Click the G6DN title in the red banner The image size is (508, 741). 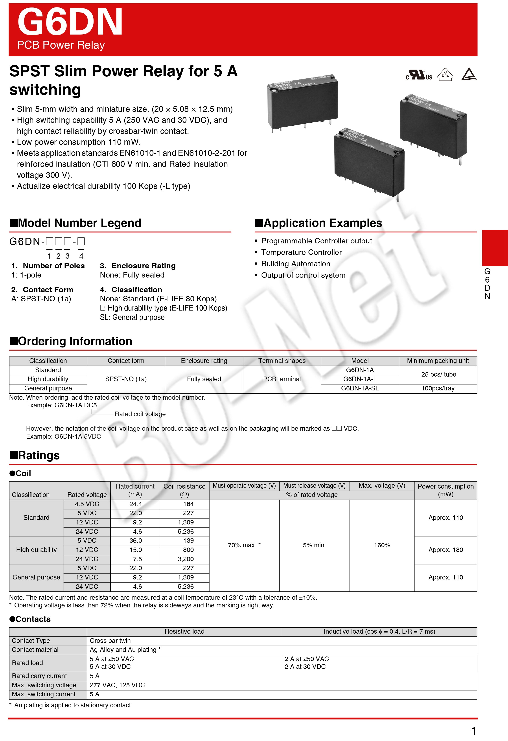click(70, 22)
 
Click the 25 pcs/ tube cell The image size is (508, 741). click(438, 374)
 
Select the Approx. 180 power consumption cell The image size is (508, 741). click(445, 550)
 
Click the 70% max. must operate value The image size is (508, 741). click(244, 545)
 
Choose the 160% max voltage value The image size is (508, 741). click(382, 545)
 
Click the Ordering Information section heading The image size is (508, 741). click(75, 341)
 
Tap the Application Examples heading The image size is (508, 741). click(322, 223)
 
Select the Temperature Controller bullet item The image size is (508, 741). click(301, 252)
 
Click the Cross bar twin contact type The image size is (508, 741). click(110, 641)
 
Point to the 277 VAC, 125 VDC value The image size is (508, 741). click(117, 685)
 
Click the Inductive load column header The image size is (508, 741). click(379, 631)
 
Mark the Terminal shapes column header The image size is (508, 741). click(282, 361)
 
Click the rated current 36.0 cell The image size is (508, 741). click(136, 541)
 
